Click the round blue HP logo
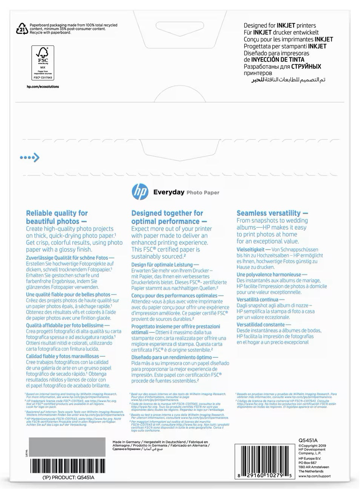click(140, 191)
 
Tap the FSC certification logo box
click(43, 63)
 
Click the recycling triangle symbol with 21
click(22, 28)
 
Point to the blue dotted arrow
click(30, 157)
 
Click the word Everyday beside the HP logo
click(168, 192)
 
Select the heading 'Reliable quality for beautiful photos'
click(57, 217)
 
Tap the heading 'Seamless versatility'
click(272, 213)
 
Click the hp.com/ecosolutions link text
click(43, 86)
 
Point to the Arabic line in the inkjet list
click(288, 80)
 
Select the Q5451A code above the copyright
click(308, 440)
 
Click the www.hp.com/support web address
click(314, 476)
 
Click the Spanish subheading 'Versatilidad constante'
click(261, 324)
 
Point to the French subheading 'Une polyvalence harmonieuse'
click(271, 275)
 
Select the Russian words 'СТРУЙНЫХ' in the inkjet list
click(306, 66)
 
